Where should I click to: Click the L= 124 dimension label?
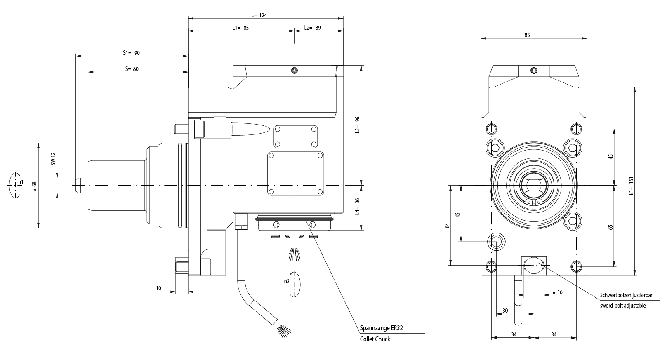(x=259, y=15)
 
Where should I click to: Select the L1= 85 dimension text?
(x=240, y=28)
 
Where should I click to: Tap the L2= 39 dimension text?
(x=313, y=28)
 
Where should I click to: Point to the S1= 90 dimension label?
(x=132, y=53)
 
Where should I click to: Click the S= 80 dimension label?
(x=132, y=69)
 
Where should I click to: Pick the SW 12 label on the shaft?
(x=53, y=159)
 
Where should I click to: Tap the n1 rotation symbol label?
(x=21, y=181)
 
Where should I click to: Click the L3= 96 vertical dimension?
(x=358, y=125)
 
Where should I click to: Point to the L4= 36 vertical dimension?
(x=358, y=207)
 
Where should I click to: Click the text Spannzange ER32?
(x=381, y=329)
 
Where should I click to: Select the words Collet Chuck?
(x=375, y=339)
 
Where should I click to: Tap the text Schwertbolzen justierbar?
(x=626, y=296)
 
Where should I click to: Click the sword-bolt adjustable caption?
(x=622, y=306)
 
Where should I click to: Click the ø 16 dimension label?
(x=557, y=292)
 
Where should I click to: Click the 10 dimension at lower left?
(x=159, y=288)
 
